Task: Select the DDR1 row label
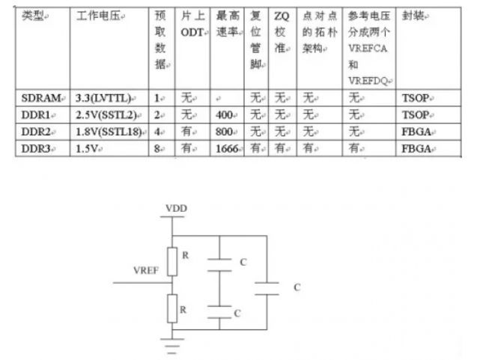click(x=35, y=115)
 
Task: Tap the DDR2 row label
click(x=35, y=131)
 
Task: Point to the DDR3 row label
click(x=35, y=147)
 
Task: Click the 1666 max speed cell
click(x=228, y=147)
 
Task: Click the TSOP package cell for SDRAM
click(x=416, y=98)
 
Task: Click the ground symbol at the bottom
click(x=173, y=344)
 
